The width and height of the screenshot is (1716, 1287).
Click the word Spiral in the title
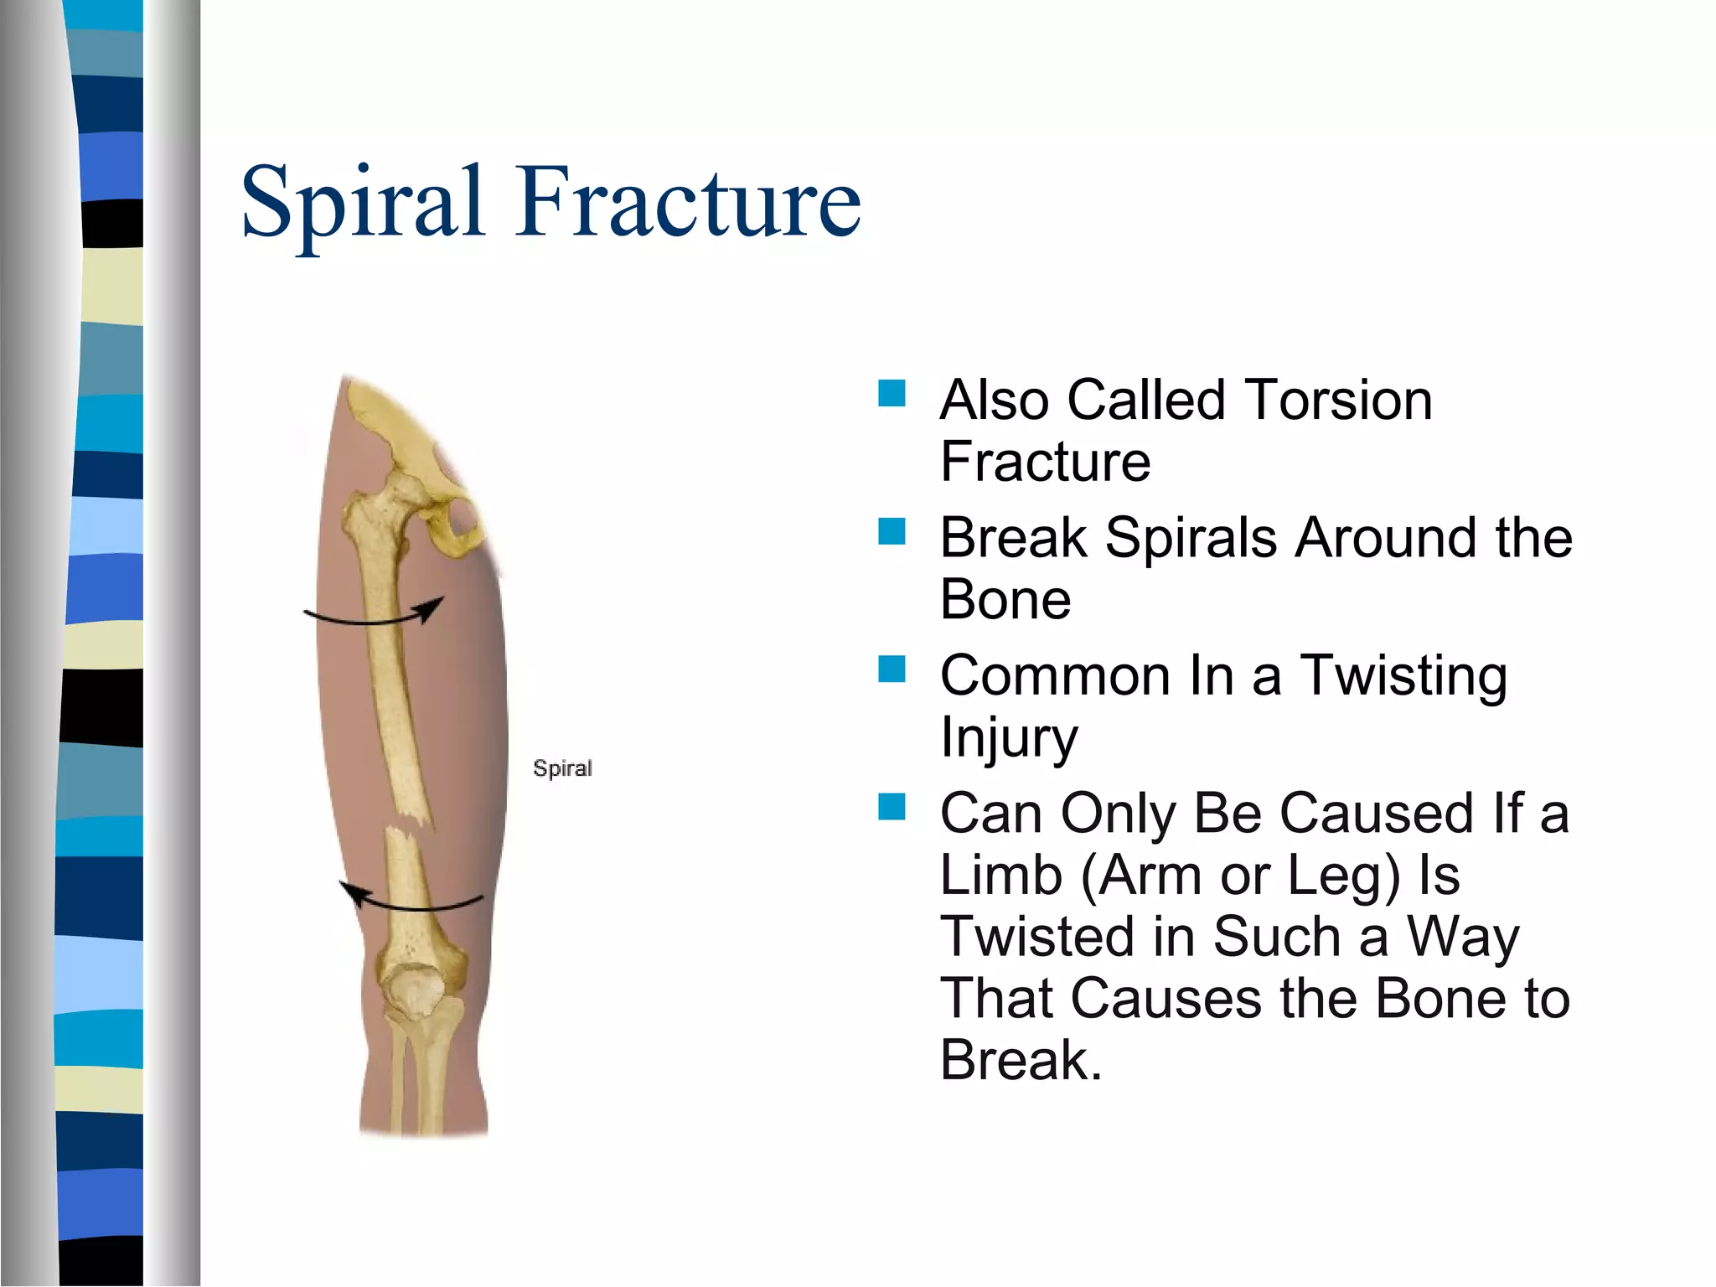(362, 201)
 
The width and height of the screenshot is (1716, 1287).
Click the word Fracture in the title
(689, 201)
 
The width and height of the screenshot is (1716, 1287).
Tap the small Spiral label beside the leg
(562, 768)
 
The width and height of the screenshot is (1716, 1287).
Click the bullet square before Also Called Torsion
(892, 394)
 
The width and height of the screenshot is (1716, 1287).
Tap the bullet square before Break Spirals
(892, 531)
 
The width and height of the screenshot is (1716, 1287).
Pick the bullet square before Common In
(892, 669)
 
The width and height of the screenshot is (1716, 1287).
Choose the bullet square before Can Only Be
(892, 807)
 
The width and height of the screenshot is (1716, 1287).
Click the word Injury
(1009, 738)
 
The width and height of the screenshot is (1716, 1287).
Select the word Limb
(1000, 875)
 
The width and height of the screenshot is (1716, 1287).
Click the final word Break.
(1021, 1060)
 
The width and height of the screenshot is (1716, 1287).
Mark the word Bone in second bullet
(1005, 600)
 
